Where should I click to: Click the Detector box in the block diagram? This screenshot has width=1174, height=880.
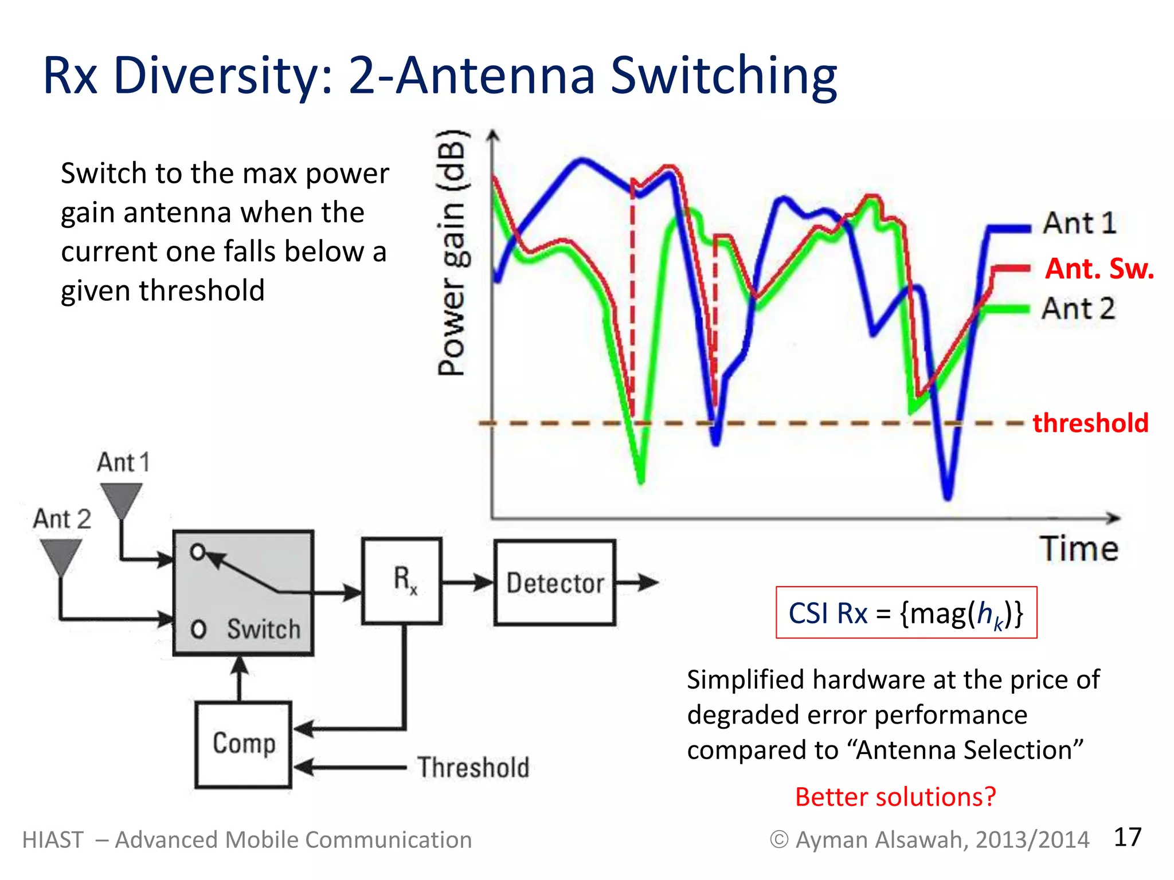pyautogui.click(x=555, y=583)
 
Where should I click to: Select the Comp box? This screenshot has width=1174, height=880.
pyautogui.click(x=244, y=744)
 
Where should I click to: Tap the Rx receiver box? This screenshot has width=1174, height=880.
pyautogui.click(x=402, y=580)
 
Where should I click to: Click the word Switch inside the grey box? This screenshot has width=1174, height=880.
pyautogui.click(x=263, y=629)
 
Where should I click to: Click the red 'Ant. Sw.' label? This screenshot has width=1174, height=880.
pyautogui.click(x=1099, y=269)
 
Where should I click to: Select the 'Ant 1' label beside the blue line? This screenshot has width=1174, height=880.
pyautogui.click(x=1079, y=223)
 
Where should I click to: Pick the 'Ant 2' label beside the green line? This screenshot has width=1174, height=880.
pyautogui.click(x=1078, y=309)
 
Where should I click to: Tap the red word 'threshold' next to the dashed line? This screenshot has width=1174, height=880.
pyautogui.click(x=1090, y=423)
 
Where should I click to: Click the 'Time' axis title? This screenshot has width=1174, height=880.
pyautogui.click(x=1079, y=549)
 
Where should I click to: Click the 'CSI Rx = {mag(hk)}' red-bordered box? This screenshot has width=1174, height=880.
pyautogui.click(x=906, y=612)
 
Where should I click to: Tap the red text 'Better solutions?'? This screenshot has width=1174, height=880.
pyautogui.click(x=895, y=797)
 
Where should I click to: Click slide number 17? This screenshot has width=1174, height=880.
pyautogui.click(x=1127, y=837)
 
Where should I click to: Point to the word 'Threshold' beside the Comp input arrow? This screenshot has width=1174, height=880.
pyautogui.click(x=473, y=767)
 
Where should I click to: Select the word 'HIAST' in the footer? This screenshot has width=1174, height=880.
pyautogui.click(x=53, y=840)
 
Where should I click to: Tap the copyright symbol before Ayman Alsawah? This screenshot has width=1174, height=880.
pyautogui.click(x=778, y=840)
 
